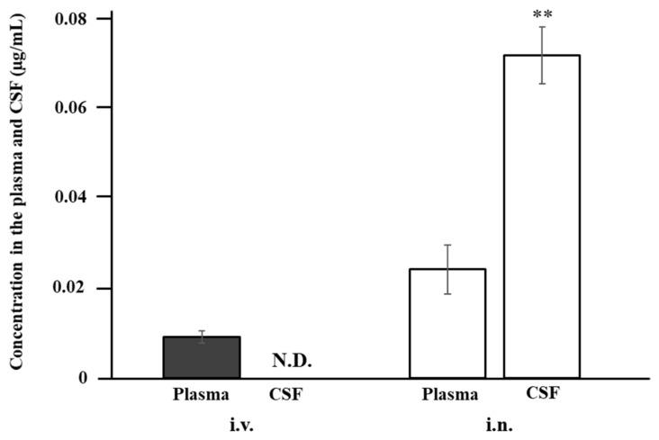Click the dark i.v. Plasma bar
click(x=201, y=357)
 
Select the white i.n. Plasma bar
click(x=447, y=323)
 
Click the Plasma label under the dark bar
click(x=201, y=394)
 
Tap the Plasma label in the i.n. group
click(x=448, y=394)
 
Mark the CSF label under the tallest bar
click(x=541, y=393)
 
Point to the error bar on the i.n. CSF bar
click(x=541, y=55)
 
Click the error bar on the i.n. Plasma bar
click(x=447, y=269)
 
